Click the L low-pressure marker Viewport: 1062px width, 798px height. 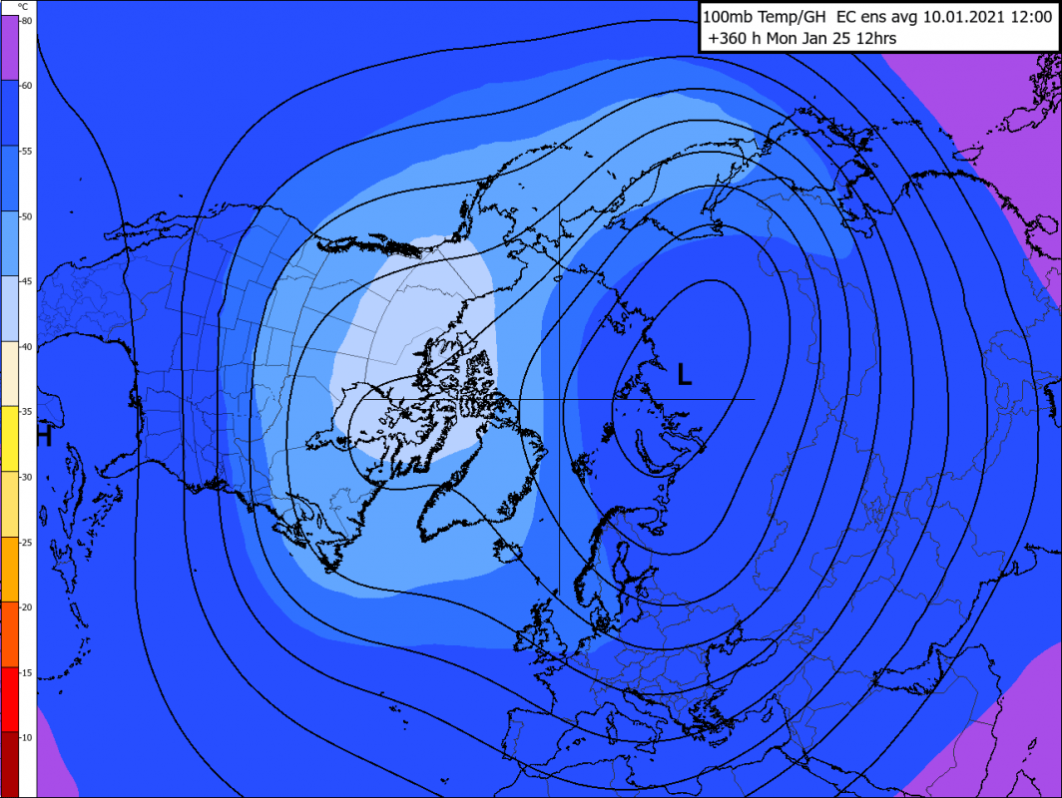coord(684,375)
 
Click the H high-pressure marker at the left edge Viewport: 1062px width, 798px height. coord(44,435)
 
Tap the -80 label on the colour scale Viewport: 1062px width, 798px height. coord(26,20)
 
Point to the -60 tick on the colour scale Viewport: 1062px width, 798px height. coord(26,85)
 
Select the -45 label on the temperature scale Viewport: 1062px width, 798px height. coord(26,281)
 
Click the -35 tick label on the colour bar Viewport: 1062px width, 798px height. coord(26,412)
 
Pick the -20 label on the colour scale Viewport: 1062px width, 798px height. coord(26,607)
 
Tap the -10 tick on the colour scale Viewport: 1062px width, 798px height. coord(26,737)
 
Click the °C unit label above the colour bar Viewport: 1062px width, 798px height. coord(23,6)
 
